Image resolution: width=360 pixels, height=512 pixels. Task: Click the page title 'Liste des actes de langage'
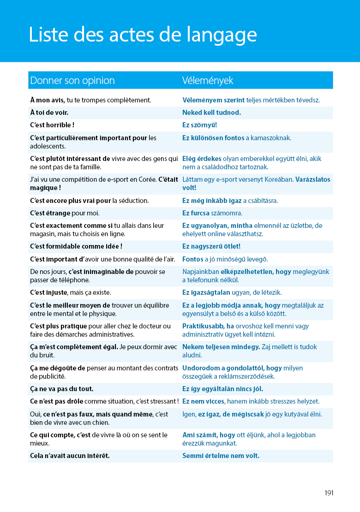(x=143, y=35)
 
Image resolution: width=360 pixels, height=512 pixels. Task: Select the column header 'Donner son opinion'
(x=72, y=81)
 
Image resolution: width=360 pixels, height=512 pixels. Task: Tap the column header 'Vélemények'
(x=208, y=81)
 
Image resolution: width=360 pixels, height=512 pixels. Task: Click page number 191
(x=329, y=493)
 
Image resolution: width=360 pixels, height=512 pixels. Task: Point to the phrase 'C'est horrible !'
(x=52, y=125)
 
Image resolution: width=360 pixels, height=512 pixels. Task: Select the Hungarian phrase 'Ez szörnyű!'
(x=199, y=125)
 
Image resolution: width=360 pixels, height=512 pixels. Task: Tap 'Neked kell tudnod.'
(x=211, y=113)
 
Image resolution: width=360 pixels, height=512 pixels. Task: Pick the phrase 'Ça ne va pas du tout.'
(x=61, y=389)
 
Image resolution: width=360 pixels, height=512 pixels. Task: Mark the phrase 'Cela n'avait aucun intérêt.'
(x=70, y=456)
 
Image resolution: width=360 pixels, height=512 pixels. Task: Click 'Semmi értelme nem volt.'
(x=221, y=456)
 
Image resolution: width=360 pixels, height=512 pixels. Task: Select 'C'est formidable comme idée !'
(x=76, y=246)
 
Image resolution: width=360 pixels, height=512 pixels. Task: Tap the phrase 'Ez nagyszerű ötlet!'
(x=211, y=246)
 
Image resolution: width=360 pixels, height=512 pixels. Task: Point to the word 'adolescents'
(x=48, y=146)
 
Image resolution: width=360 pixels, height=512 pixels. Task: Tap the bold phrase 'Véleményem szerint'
(x=213, y=100)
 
